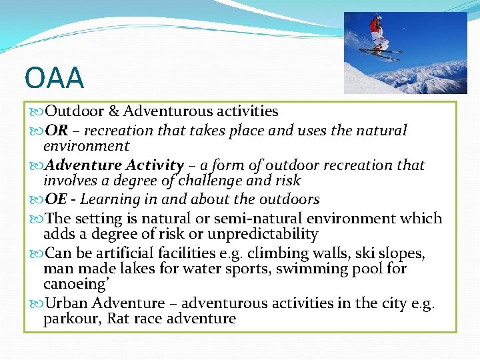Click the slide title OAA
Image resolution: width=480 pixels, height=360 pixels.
[x=54, y=78]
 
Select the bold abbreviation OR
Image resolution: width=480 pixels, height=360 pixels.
[x=55, y=131]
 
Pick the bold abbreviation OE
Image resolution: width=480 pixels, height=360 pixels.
[x=55, y=199]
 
